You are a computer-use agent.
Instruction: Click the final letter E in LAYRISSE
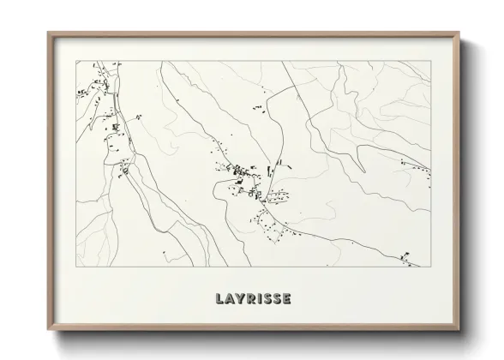[x=286, y=299]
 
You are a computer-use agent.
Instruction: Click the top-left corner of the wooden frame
[x=48, y=33]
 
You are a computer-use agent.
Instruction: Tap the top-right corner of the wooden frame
[x=460, y=33]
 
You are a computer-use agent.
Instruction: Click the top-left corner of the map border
[x=77, y=61]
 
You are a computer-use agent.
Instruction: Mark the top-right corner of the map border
[x=430, y=61]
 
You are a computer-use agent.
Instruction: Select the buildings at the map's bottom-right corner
[x=406, y=255]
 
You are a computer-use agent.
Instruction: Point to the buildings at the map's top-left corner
[x=86, y=86]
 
